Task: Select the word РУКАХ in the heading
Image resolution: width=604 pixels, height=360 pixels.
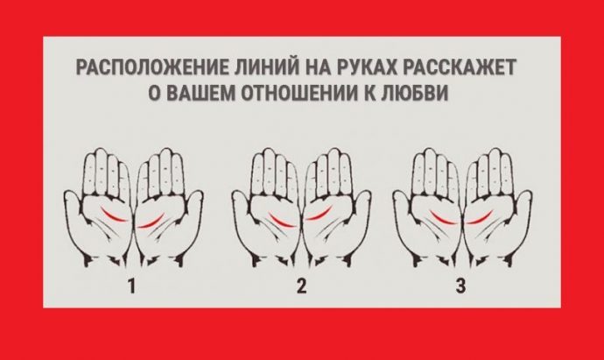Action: click(368, 68)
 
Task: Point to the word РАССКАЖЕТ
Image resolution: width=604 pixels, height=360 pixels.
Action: click(460, 68)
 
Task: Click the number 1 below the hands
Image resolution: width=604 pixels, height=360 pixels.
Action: click(131, 286)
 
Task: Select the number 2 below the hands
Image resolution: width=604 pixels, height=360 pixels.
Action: click(302, 286)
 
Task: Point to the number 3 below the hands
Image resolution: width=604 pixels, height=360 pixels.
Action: click(460, 286)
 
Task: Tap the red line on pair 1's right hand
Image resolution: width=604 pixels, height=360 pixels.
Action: click(151, 222)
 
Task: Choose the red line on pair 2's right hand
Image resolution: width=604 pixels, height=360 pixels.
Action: click(320, 215)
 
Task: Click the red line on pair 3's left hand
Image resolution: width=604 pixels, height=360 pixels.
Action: click(443, 219)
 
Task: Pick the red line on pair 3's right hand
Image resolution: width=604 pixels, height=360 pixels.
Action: click(480, 219)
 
